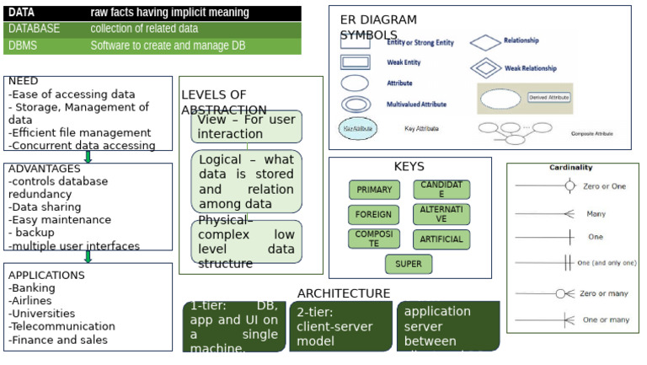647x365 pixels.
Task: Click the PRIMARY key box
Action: point(374,190)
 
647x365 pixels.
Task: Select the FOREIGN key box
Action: point(374,214)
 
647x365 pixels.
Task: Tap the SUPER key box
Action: point(409,264)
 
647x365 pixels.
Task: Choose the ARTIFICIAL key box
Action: point(441,239)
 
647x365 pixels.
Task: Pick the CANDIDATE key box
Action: point(441,190)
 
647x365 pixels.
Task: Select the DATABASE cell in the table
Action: point(34,29)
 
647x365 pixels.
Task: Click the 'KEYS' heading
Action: point(409,167)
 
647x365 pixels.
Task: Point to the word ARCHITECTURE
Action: point(344,293)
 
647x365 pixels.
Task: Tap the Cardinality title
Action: point(570,167)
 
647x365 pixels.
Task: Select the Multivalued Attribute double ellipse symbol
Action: point(355,105)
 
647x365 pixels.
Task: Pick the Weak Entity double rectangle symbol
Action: point(355,62)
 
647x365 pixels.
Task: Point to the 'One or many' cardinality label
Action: point(606,319)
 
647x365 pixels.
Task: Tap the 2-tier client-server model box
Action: point(342,327)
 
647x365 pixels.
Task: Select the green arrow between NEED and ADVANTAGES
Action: point(88,156)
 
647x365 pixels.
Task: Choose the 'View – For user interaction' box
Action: point(246,127)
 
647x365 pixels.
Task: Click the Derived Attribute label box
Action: point(548,98)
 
